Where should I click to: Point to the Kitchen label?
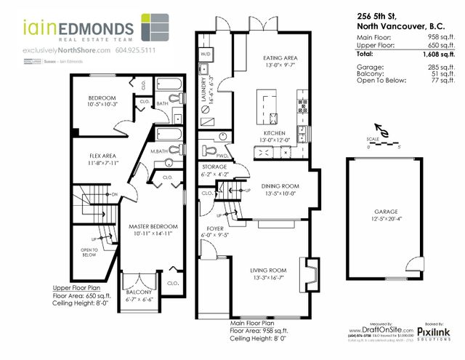click(x=279, y=135)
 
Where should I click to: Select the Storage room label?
click(x=215, y=167)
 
